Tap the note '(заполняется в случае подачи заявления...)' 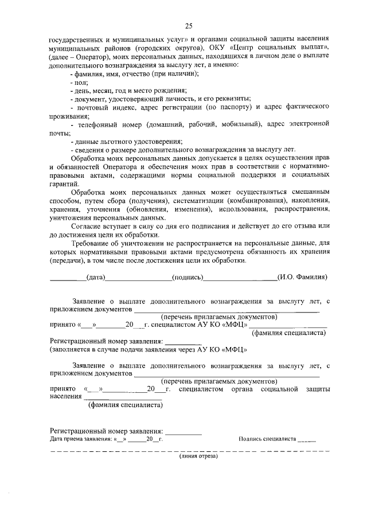coord(149,349)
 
